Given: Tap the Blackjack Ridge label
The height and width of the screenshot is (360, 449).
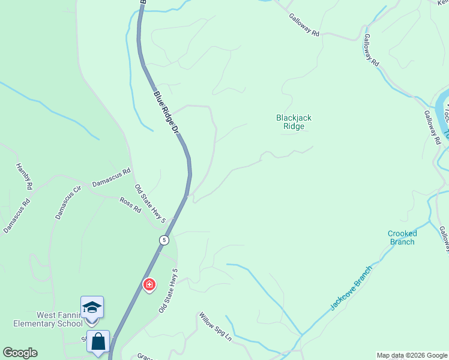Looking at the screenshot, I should pyautogui.click(x=294, y=122).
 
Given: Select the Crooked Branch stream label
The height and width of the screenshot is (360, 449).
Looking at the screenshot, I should pyautogui.click(x=402, y=238).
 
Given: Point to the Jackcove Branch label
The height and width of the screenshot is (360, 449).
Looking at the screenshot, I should pyautogui.click(x=351, y=287).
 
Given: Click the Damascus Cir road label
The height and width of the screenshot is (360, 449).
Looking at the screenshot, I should pyautogui.click(x=67, y=202).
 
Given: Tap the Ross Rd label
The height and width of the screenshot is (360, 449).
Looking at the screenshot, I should pyautogui.click(x=130, y=205).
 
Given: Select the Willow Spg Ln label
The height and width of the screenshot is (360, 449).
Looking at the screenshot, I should pyautogui.click(x=215, y=328).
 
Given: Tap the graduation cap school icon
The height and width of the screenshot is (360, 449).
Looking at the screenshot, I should pyautogui.click(x=92, y=307).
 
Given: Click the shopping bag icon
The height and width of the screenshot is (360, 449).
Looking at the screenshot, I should pyautogui.click(x=98, y=341).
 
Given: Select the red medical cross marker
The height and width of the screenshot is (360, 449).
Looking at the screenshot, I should pyautogui.click(x=148, y=284).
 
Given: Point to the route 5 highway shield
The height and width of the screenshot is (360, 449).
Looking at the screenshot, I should pyautogui.click(x=164, y=240).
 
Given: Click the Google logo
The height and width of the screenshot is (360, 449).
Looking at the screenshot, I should pyautogui.click(x=20, y=353).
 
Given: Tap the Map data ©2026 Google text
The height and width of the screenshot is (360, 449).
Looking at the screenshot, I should pyautogui.click(x=412, y=355).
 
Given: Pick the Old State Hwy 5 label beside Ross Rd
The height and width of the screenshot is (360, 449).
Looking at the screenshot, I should pyautogui.click(x=149, y=204).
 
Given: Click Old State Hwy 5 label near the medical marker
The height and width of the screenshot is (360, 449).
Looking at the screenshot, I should pyautogui.click(x=169, y=293).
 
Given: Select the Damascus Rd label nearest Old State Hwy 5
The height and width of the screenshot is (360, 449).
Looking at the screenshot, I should pyautogui.click(x=111, y=178).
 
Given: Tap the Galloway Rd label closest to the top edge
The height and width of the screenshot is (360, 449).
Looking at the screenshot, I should pyautogui.click(x=304, y=26).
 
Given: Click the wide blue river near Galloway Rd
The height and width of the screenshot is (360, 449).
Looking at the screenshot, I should pyautogui.click(x=443, y=108).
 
